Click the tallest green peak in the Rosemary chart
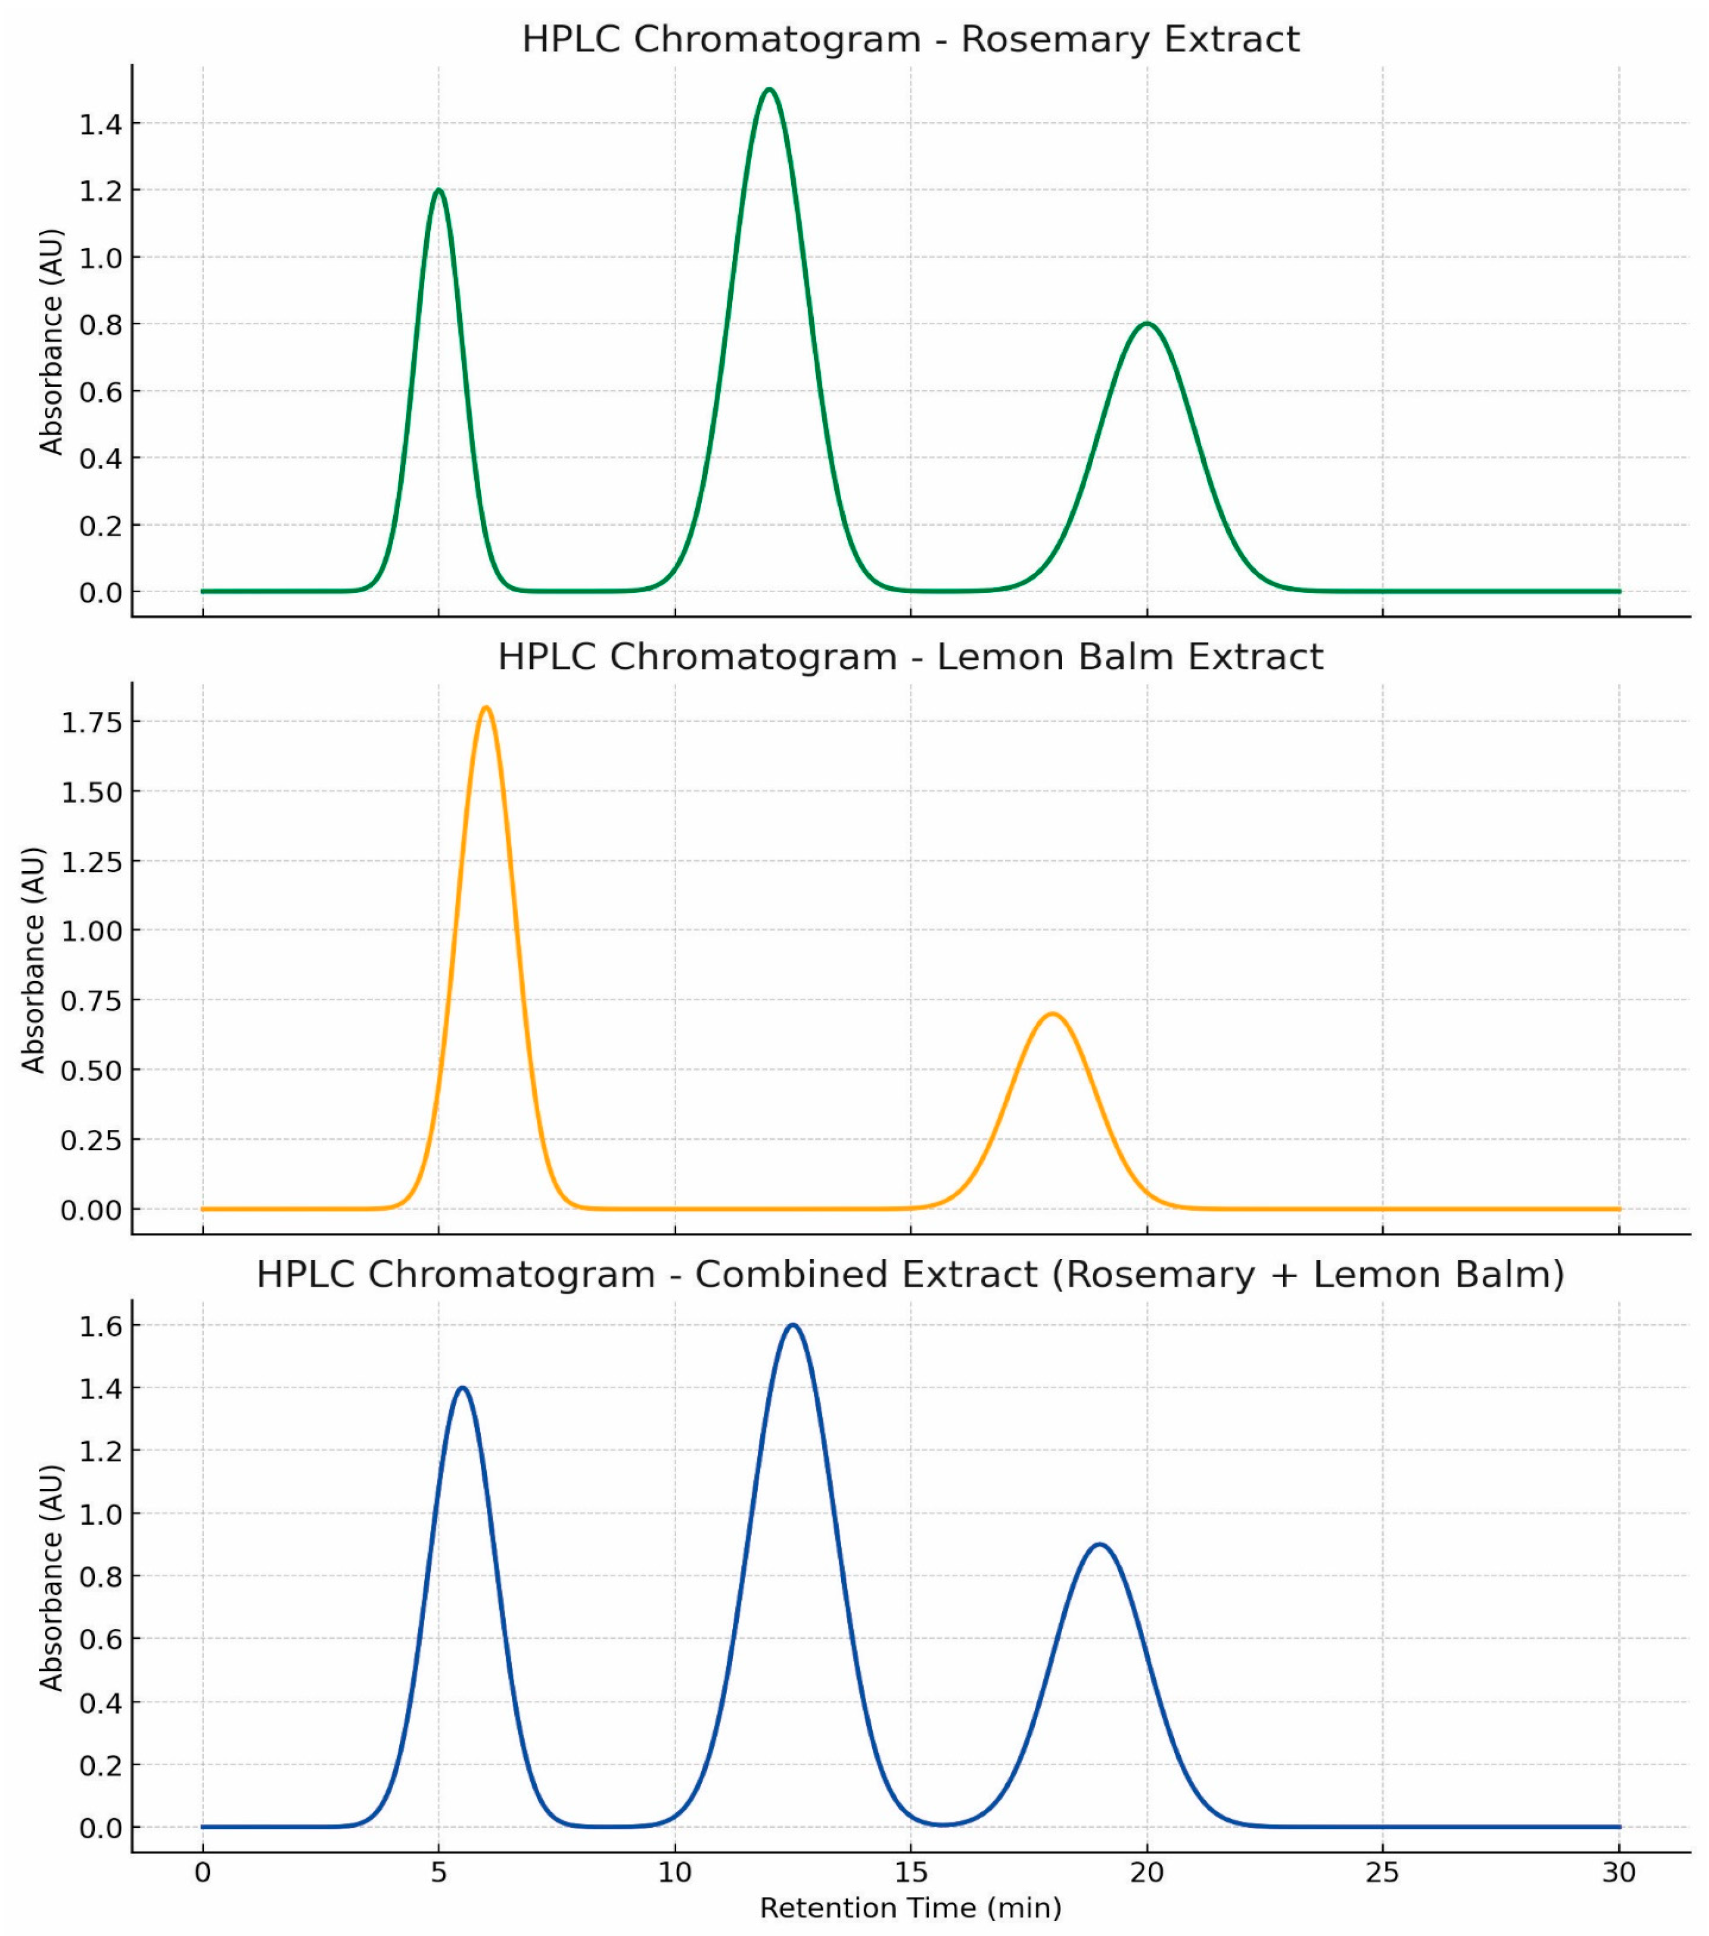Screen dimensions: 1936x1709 (x=769, y=90)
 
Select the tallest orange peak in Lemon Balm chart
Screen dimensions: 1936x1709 (x=486, y=708)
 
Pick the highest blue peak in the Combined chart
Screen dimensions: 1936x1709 (x=793, y=1325)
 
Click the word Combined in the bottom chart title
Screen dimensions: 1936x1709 (x=866, y=1274)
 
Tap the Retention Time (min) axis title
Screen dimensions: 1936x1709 (x=910, y=1908)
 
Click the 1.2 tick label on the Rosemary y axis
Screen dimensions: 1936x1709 (x=101, y=191)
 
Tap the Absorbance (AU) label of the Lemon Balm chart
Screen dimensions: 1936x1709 (x=34, y=960)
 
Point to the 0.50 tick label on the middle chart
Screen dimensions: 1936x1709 (x=92, y=1070)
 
